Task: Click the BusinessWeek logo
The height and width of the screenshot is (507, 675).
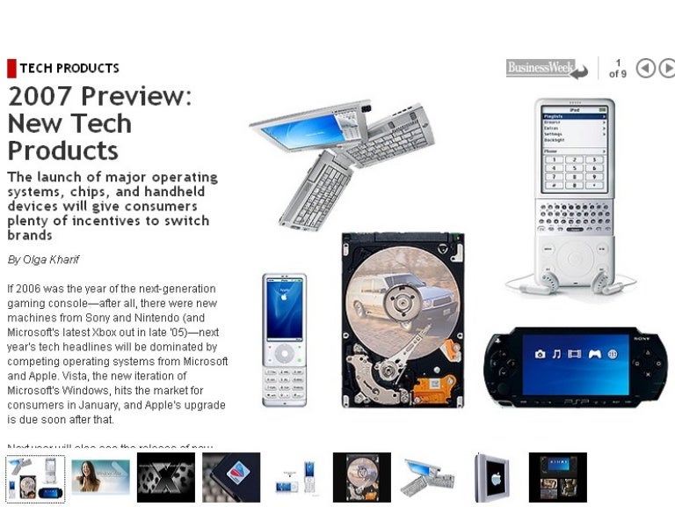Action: tap(540, 68)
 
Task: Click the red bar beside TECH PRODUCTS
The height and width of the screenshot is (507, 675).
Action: tap(11, 68)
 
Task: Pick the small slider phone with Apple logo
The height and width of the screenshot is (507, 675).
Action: tap(284, 339)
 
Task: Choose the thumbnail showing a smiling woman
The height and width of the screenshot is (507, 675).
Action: tap(100, 477)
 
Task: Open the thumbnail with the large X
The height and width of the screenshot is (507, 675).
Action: tap(165, 477)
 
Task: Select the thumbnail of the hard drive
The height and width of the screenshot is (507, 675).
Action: tap(361, 477)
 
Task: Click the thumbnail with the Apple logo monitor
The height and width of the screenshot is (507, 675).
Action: tap(491, 477)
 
